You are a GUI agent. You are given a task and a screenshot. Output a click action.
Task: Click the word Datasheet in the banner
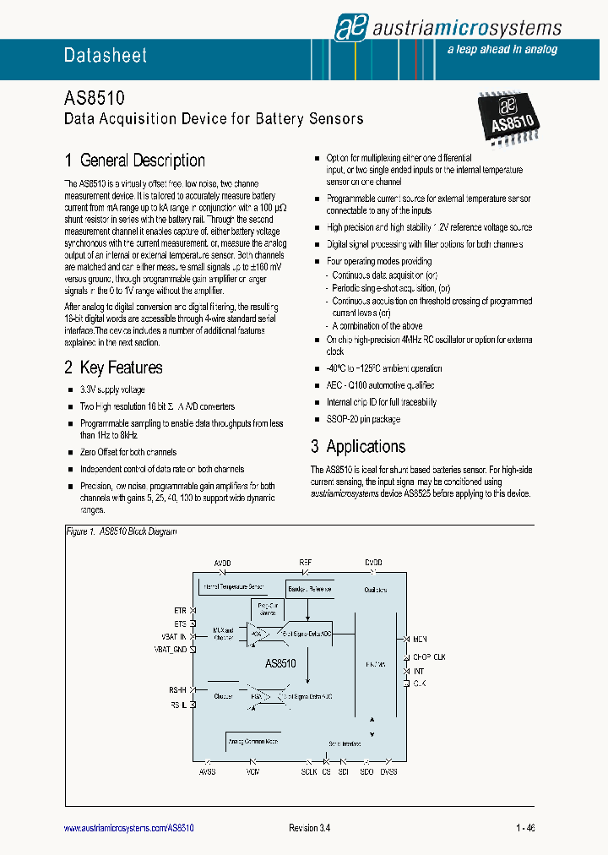click(106, 56)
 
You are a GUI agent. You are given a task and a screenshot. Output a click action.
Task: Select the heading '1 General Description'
click(135, 161)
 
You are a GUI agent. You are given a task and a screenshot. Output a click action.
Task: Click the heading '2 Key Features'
click(113, 368)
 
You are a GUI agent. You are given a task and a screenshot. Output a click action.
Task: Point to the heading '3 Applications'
click(358, 447)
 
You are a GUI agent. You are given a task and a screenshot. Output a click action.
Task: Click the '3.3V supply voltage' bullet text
click(113, 390)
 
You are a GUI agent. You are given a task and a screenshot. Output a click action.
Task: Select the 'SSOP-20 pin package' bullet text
click(363, 419)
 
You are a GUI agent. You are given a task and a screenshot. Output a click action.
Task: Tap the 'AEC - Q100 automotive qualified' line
click(384, 385)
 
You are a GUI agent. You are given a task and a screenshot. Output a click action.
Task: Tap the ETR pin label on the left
click(180, 609)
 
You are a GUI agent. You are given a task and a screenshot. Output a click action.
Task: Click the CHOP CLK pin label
click(429, 656)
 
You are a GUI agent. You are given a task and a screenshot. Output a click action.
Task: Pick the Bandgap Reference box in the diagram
click(307, 589)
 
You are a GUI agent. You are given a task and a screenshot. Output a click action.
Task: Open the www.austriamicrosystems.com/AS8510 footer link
click(129, 828)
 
